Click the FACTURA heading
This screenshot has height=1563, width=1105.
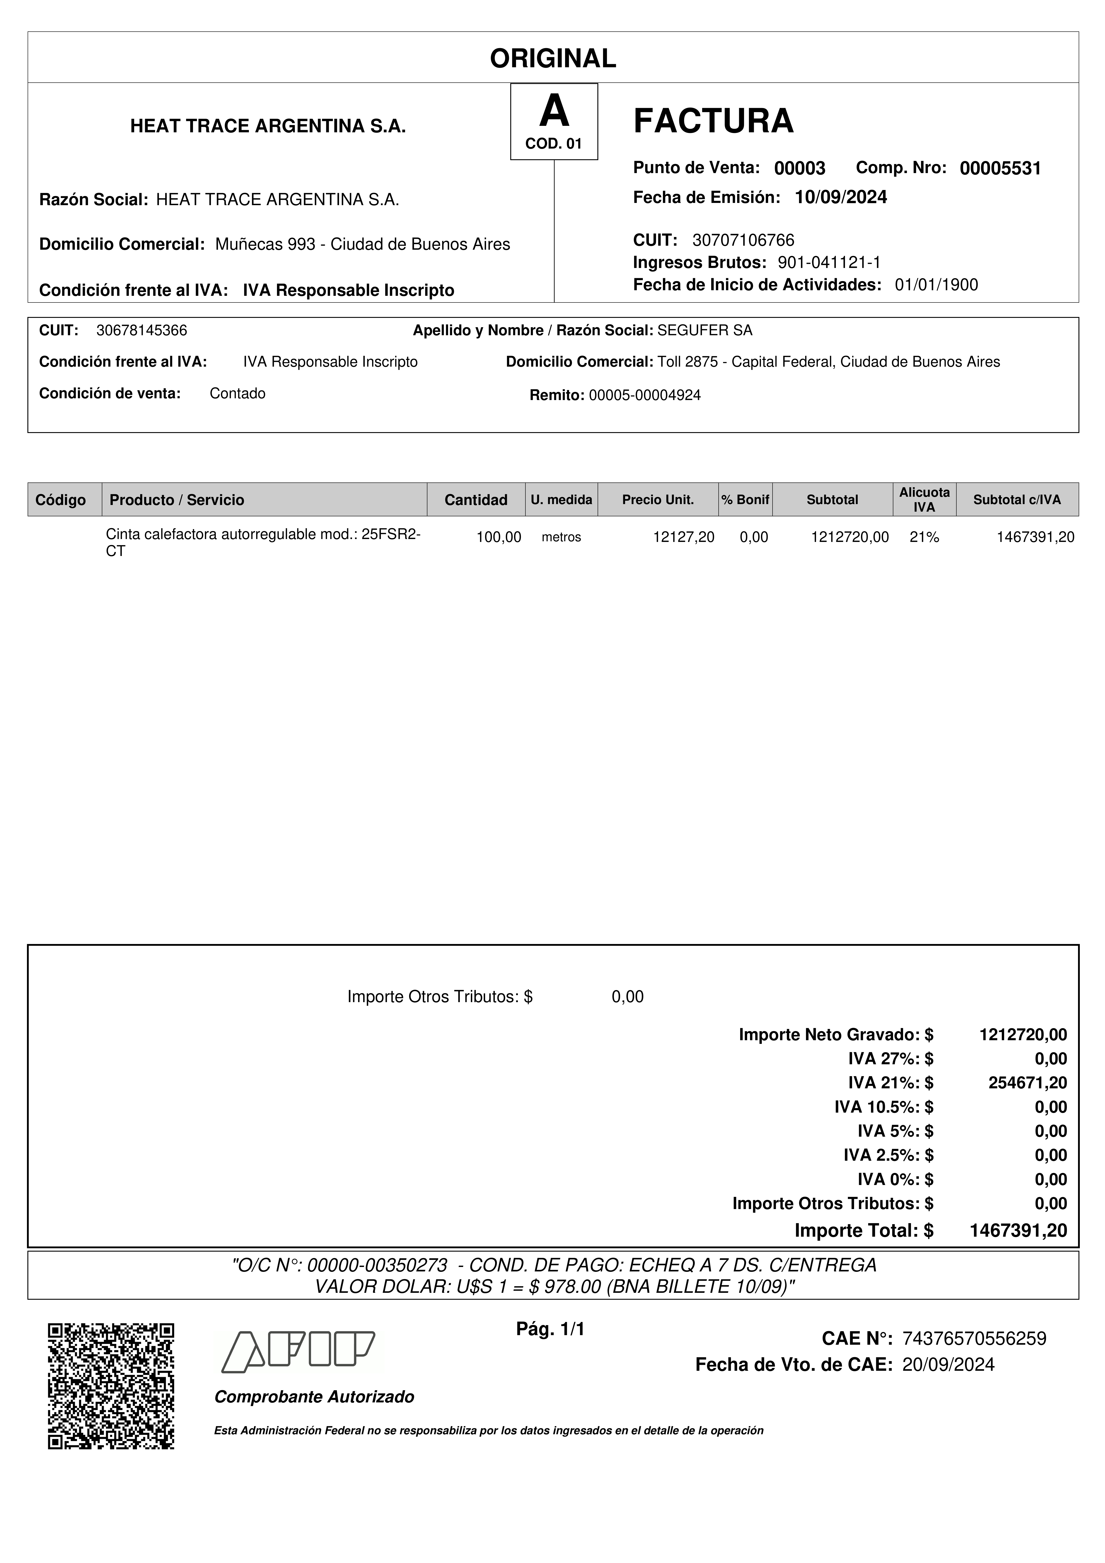(713, 121)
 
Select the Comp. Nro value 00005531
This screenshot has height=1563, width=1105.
(1000, 169)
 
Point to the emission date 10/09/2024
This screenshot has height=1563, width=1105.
(841, 197)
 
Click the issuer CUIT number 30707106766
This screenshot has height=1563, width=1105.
(743, 240)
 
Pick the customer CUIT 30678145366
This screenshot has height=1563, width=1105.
(142, 331)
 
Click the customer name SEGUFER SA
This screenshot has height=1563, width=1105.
(705, 331)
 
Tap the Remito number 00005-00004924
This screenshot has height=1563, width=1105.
(644, 396)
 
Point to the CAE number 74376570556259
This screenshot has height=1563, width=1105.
(974, 1339)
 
